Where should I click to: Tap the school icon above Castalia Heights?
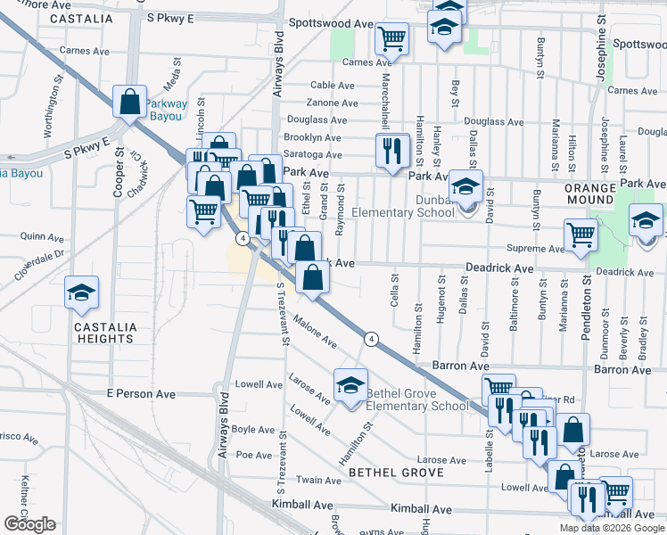[80, 292]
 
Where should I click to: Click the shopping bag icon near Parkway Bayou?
[130, 103]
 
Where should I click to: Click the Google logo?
[29, 525]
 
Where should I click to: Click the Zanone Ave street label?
[326, 103]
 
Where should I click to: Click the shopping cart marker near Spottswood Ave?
[391, 39]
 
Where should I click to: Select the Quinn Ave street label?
[42, 238]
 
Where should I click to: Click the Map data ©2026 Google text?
[612, 528]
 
